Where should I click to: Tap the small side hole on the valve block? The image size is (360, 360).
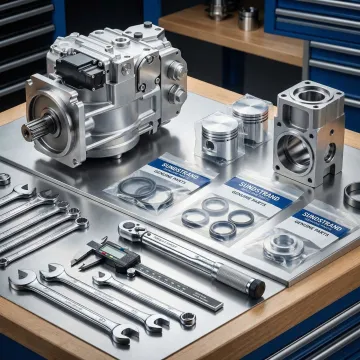[x=328, y=153]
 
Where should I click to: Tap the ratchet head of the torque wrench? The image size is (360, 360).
[x=130, y=232]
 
